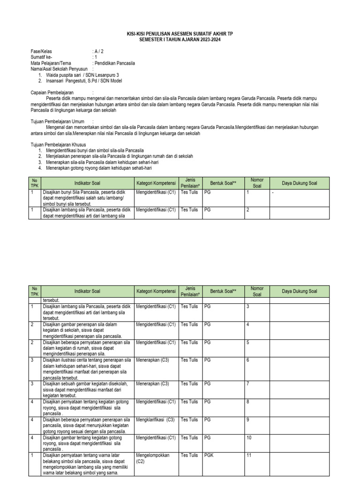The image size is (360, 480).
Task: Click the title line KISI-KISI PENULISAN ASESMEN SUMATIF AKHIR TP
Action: [x=180, y=35]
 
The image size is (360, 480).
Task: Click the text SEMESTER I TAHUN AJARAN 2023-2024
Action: [x=180, y=40]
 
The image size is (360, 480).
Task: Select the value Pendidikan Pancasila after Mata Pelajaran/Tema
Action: [x=114, y=63]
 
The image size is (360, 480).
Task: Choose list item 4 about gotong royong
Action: [x=98, y=168]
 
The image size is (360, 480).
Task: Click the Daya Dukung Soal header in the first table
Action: [x=300, y=183]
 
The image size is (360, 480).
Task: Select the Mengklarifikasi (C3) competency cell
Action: [x=155, y=419]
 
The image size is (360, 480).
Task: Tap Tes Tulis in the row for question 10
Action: [x=190, y=437]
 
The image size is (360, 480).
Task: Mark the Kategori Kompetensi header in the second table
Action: [x=155, y=291]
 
